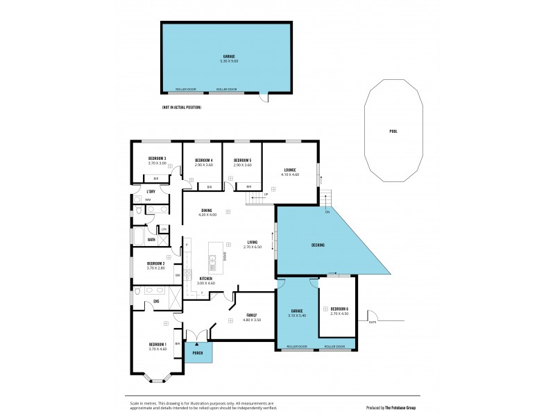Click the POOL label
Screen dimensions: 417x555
tap(393, 130)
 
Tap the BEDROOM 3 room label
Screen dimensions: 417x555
tap(157, 158)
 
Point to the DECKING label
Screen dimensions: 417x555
tap(318, 245)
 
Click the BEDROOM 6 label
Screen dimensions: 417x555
tap(339, 309)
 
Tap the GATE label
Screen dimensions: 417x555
tap(373, 322)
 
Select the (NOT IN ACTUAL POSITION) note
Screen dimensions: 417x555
tap(182, 108)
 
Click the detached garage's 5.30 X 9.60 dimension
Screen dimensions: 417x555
tap(229, 61)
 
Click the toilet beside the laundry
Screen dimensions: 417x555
tap(139, 210)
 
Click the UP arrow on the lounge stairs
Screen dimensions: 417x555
tap(266, 194)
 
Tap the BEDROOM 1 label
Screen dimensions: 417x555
tap(157, 345)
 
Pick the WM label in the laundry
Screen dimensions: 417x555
tap(148, 199)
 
